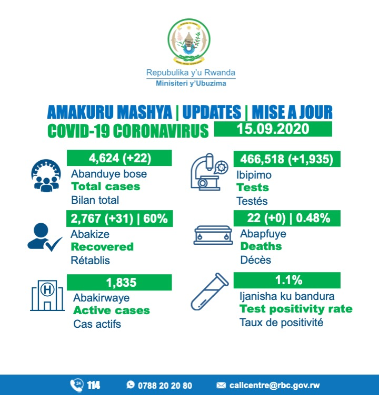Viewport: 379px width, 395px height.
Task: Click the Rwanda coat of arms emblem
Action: point(189,40)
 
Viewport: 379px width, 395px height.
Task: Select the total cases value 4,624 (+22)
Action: point(119,158)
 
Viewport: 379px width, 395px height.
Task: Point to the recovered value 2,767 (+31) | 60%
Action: point(119,217)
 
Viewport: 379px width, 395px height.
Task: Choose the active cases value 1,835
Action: point(119,283)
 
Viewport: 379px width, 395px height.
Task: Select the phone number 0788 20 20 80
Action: point(165,386)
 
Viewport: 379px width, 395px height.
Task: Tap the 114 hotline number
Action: point(94,386)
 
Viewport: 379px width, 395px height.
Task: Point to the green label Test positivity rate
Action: point(296,309)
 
